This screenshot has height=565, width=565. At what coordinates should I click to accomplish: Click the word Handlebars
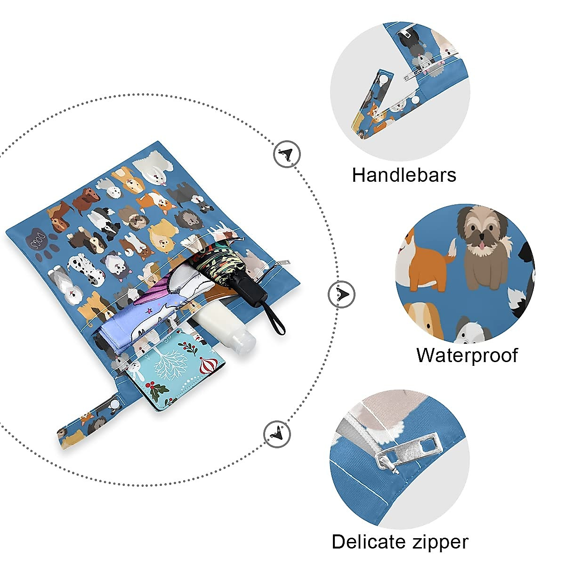(404, 175)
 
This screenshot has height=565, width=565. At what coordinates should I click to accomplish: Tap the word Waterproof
(467, 355)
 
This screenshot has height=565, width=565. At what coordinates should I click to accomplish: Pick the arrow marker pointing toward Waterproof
(341, 295)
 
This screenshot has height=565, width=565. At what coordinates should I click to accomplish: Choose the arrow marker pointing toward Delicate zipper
(277, 433)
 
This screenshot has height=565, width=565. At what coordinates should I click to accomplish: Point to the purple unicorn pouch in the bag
(141, 311)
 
